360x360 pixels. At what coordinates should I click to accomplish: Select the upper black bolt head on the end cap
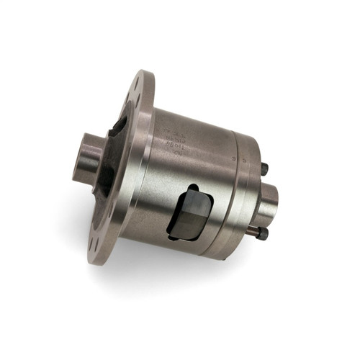click(264, 169)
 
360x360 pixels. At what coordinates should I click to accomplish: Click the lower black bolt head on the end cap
click(262, 234)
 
